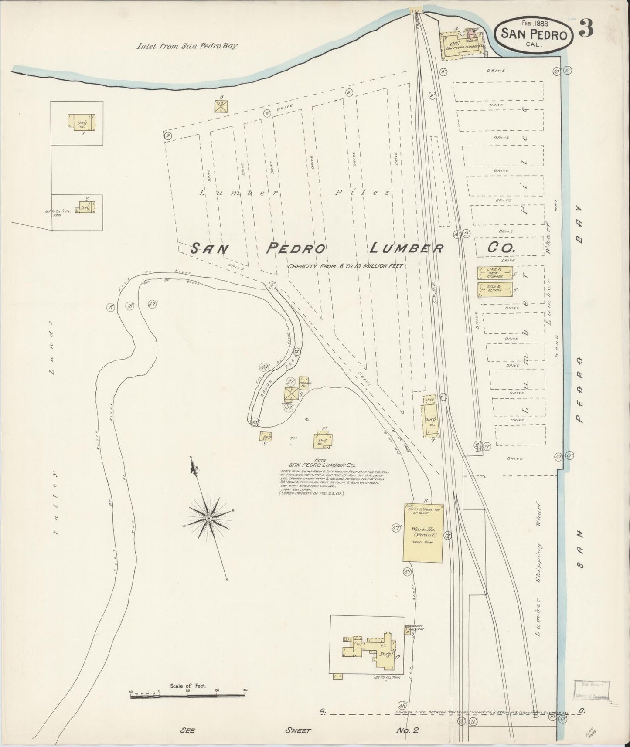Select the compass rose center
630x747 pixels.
[x=209, y=518]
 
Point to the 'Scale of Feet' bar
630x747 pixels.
[x=188, y=696]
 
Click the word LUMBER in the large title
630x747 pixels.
[x=406, y=248]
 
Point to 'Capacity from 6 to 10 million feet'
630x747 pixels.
[x=345, y=266]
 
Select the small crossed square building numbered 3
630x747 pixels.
[x=221, y=106]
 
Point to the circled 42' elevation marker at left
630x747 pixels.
[x=152, y=305]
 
